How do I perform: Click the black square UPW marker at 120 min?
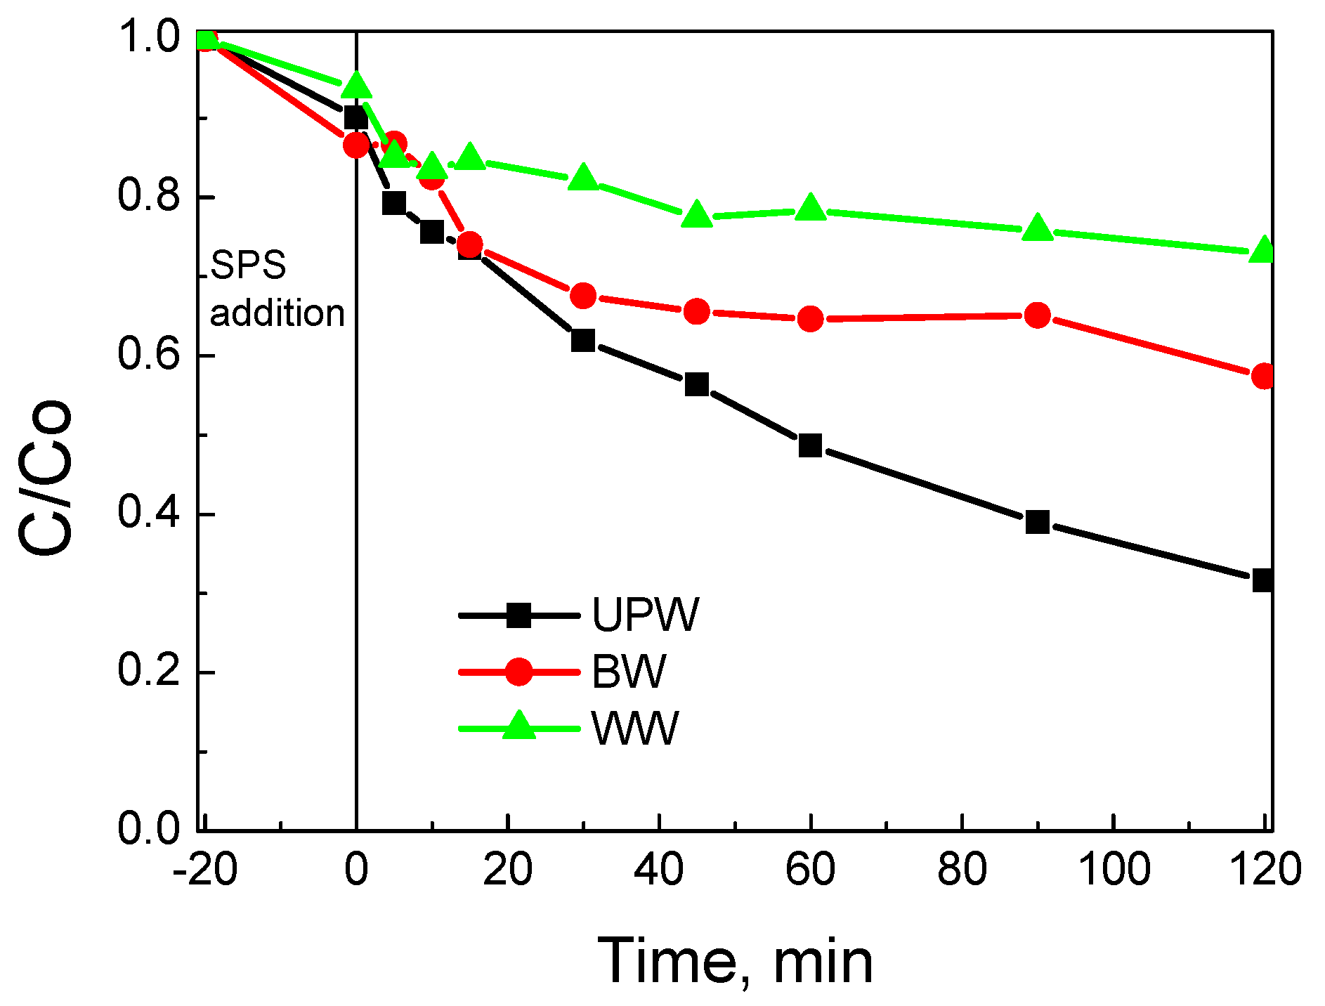click(x=1262, y=580)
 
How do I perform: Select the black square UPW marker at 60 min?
click(x=810, y=445)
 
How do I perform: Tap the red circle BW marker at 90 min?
click(x=1037, y=315)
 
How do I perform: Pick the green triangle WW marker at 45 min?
click(x=697, y=214)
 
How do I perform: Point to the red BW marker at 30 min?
click(x=583, y=296)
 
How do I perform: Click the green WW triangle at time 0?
click(x=356, y=86)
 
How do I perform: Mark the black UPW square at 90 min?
click(x=1037, y=522)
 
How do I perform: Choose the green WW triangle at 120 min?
click(x=1262, y=250)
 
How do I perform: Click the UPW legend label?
click(x=645, y=615)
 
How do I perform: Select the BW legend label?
click(x=629, y=672)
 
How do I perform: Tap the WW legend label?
click(x=635, y=729)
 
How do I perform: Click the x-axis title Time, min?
click(x=735, y=961)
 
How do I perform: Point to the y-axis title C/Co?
click(x=46, y=478)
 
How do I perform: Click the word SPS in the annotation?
click(x=248, y=266)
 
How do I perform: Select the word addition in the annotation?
click(x=278, y=313)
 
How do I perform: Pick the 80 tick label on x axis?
click(x=961, y=869)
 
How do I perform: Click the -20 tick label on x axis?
click(x=204, y=869)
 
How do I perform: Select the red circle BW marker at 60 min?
click(x=810, y=319)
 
